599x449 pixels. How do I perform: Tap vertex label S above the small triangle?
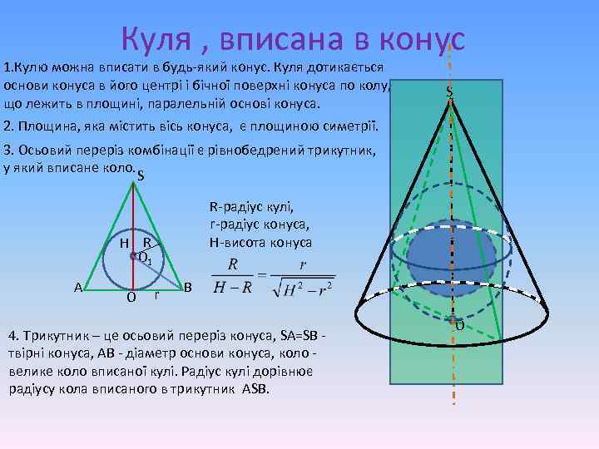point(141,175)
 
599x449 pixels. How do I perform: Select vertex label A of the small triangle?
point(77,287)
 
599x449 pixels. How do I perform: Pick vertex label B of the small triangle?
point(188,287)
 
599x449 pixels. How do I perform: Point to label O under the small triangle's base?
point(131,297)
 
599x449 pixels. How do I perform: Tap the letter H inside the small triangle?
point(122,244)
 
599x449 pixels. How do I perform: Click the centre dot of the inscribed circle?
point(133,257)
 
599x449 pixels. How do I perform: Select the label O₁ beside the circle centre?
point(144,259)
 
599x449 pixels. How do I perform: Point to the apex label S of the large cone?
point(449,91)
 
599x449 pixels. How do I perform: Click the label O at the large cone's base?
point(458,325)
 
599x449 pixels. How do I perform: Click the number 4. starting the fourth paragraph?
point(12,336)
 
